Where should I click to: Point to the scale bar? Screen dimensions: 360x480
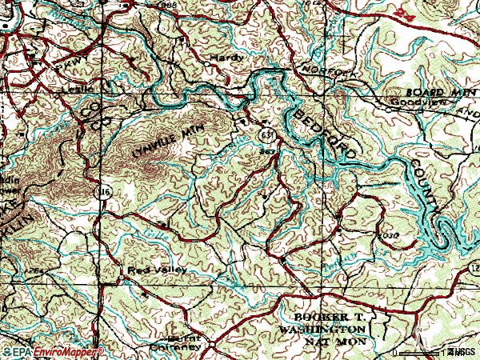pos(416,351)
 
